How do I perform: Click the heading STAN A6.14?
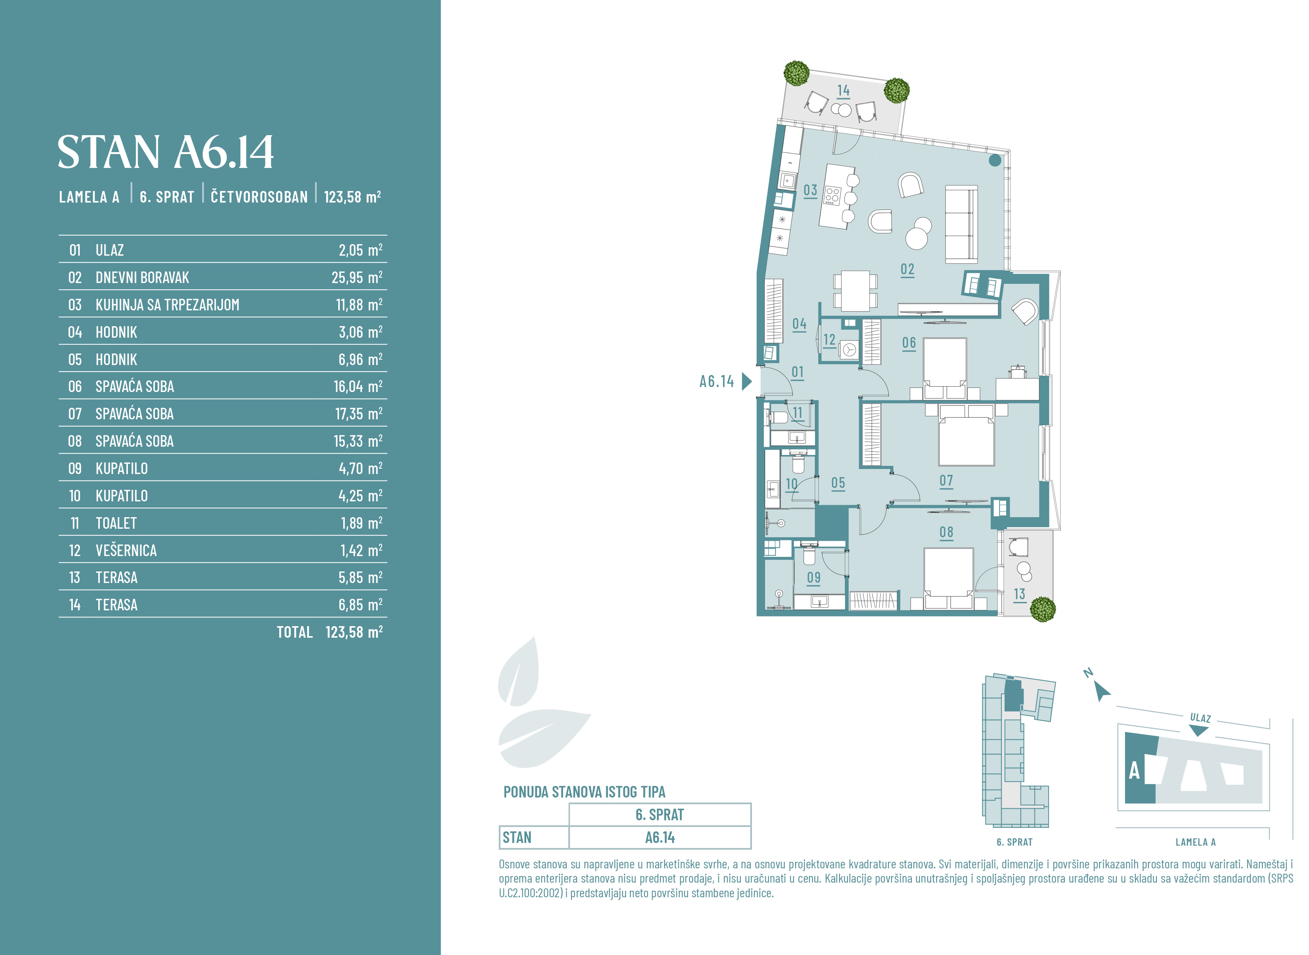(x=165, y=152)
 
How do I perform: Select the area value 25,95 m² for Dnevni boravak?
(x=357, y=278)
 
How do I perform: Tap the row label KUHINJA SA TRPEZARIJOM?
(x=167, y=305)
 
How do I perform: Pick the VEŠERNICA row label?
(x=126, y=550)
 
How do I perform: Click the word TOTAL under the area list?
(x=294, y=632)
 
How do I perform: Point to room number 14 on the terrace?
(x=844, y=91)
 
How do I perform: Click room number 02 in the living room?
(x=907, y=270)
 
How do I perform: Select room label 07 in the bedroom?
(x=946, y=481)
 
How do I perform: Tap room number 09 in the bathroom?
(x=814, y=578)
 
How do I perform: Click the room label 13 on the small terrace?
(x=1019, y=594)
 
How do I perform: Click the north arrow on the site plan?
(x=1102, y=691)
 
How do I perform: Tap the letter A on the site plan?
(x=1134, y=771)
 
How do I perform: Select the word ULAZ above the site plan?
(x=1200, y=718)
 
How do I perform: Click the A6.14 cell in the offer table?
(x=660, y=838)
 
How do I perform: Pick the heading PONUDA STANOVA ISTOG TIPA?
(x=584, y=792)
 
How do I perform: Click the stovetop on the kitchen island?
(x=832, y=195)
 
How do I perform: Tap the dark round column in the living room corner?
(x=995, y=161)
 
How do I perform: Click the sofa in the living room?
(x=961, y=224)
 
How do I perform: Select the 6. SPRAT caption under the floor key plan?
(x=1014, y=842)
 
